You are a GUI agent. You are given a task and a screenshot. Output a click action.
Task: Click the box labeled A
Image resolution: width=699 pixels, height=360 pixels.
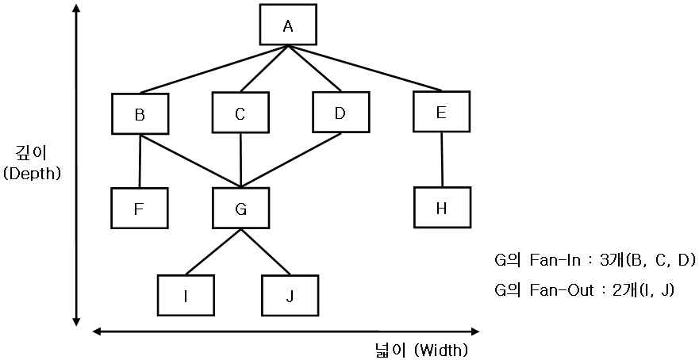(288, 26)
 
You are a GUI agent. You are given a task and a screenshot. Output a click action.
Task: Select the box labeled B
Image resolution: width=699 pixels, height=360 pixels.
(140, 114)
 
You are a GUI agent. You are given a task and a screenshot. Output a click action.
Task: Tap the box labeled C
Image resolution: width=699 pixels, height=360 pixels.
(240, 113)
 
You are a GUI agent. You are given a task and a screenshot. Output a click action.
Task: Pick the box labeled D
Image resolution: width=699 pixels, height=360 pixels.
(340, 113)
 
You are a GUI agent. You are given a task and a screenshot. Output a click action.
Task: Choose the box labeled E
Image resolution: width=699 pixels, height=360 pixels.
(441, 112)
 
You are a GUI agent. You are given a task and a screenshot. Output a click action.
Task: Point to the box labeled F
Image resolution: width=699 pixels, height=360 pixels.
(140, 209)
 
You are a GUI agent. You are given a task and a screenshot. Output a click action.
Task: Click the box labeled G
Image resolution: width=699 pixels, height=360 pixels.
(241, 209)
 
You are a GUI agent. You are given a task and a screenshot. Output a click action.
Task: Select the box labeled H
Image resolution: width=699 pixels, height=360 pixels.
(442, 208)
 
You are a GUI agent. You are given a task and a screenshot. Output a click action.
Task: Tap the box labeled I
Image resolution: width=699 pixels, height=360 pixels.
(186, 296)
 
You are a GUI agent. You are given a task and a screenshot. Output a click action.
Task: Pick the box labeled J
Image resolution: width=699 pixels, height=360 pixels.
(290, 296)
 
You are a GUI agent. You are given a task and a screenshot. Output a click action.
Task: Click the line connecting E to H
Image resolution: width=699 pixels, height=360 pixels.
(442, 159)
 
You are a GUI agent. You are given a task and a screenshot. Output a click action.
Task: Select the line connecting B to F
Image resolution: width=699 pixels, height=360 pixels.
(140, 161)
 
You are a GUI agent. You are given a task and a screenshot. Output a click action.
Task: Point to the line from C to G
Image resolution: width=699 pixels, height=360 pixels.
(240, 160)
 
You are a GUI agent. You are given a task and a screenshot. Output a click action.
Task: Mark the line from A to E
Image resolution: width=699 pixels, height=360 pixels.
(365, 68)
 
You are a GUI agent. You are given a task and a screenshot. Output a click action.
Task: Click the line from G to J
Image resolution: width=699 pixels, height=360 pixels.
(265, 252)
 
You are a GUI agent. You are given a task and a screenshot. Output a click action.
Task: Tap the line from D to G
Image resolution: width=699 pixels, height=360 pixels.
(291, 160)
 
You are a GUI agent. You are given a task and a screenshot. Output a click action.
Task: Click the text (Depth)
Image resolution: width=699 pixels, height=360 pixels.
(32, 173)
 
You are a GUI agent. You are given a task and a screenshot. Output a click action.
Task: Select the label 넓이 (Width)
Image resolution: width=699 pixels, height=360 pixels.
(421, 349)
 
